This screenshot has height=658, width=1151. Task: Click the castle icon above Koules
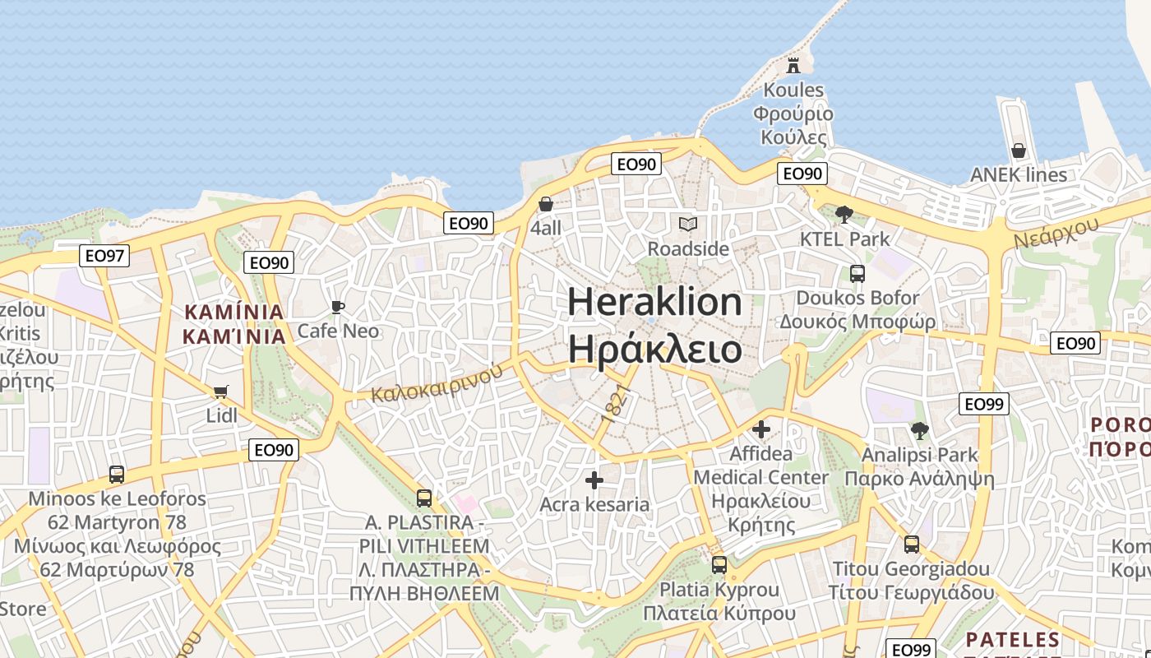coord(793,65)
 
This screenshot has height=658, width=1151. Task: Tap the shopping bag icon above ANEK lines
coord(1018,151)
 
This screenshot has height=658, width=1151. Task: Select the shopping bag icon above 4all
coord(545,204)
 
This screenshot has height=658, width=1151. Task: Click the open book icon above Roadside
coord(687,224)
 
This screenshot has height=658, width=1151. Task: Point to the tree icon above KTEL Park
coord(844,215)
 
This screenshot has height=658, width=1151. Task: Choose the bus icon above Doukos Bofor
coord(857,273)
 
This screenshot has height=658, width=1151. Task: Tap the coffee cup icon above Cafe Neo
coord(337,307)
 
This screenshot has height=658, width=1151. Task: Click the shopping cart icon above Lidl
coord(220,392)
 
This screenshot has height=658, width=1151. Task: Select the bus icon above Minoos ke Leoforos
coord(117,475)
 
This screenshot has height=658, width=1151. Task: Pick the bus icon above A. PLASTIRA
coord(424,498)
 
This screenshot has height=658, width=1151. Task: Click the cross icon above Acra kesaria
coord(594,480)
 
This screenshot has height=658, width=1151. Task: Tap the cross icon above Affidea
coord(761,429)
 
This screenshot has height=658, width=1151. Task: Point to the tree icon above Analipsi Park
coord(919,430)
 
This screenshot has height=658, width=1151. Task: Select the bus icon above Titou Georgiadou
coord(911,544)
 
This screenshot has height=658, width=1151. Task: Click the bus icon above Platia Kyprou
coord(719,565)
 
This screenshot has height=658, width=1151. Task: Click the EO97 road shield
coord(105,256)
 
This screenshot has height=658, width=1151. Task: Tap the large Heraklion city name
coord(654,326)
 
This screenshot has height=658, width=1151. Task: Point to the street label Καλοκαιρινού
coord(436,383)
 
